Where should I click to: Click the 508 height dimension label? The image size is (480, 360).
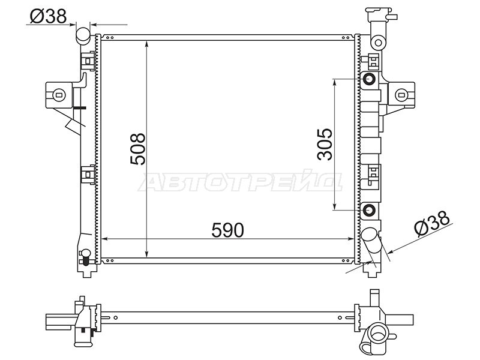(x=138, y=149)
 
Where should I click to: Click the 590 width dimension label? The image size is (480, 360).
(x=227, y=230)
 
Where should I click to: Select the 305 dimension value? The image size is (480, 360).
(x=325, y=144)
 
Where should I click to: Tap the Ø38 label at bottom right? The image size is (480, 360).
(x=433, y=224)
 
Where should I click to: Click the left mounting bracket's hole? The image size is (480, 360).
(x=59, y=95)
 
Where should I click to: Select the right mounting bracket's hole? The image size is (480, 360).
(x=401, y=95)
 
